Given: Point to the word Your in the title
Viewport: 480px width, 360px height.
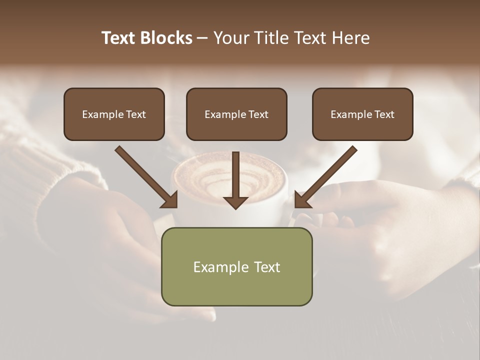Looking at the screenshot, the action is [x=230, y=38].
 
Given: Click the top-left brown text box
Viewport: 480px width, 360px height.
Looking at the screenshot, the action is [x=114, y=114].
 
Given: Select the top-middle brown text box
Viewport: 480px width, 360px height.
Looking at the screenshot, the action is [x=236, y=114].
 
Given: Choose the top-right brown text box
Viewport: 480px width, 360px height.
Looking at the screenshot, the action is [x=362, y=114].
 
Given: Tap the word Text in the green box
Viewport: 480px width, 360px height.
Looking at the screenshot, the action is [x=267, y=267].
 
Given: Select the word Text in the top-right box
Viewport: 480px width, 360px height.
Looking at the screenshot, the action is [x=384, y=114].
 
